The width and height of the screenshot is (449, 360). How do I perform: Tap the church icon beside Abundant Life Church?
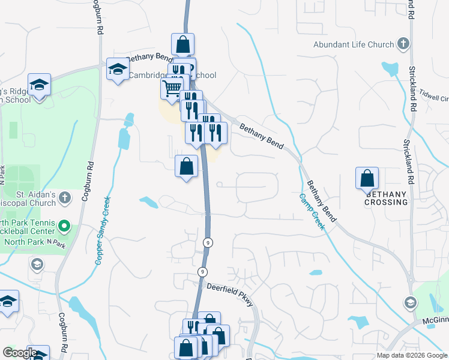(403, 44)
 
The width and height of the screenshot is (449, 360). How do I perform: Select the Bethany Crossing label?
(386, 198)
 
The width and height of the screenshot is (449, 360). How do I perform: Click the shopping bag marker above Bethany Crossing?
(367, 178)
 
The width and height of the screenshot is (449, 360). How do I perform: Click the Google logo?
(20, 353)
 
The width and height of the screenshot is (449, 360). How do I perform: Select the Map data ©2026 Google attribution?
(412, 355)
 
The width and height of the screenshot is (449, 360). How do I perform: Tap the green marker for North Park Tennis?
(64, 227)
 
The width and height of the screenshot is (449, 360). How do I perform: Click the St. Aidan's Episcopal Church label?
(36, 199)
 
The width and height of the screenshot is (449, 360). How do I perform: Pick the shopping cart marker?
(172, 89)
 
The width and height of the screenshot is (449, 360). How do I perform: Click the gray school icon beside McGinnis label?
(411, 302)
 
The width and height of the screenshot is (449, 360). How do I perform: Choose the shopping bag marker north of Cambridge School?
(182, 44)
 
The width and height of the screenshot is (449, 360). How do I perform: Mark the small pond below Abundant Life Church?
(390, 68)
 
